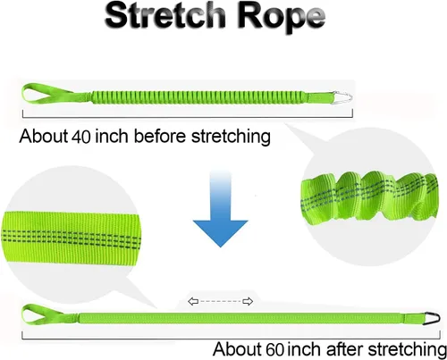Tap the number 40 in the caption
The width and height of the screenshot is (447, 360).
tap(81, 137)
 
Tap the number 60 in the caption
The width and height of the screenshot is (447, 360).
tap(274, 349)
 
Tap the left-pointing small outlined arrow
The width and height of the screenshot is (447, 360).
tap(193, 301)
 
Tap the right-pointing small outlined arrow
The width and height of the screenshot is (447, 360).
tap(248, 301)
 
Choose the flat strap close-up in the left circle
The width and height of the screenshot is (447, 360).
tap(71, 238)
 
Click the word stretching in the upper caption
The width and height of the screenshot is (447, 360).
tap(231, 137)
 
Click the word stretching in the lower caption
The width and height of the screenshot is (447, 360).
tap(407, 350)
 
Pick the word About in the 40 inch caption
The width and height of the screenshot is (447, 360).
tap(44, 136)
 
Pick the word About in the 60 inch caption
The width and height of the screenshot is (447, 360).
tap(238, 348)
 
